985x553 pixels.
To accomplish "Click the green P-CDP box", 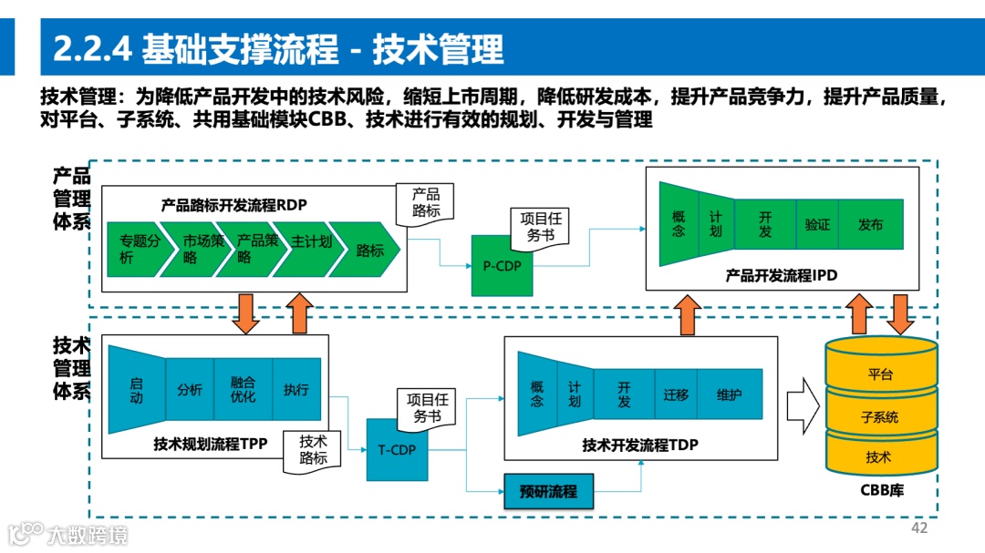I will pos(502,265).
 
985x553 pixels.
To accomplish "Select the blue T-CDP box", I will pos(397,449).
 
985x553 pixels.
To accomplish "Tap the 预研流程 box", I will pos(548,491).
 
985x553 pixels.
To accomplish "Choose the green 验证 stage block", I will pos(817,224).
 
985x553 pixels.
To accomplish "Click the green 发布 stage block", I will pos(871,224).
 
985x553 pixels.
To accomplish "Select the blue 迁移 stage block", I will pos(676,395).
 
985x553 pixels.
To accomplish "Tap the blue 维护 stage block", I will pos(729,395).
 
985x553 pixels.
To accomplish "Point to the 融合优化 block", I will pos(243,389).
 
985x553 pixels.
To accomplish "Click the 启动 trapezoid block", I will pos(136,389).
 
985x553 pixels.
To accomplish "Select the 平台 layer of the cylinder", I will pos(880,374).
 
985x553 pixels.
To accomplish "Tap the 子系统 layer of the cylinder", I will pos(880,416).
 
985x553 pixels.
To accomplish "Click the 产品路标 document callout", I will pos(425,204).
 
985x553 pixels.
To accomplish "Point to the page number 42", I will pos(919,528).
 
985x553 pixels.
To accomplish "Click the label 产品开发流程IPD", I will pos(781,274).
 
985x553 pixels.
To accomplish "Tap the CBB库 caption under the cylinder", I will pos(880,490).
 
